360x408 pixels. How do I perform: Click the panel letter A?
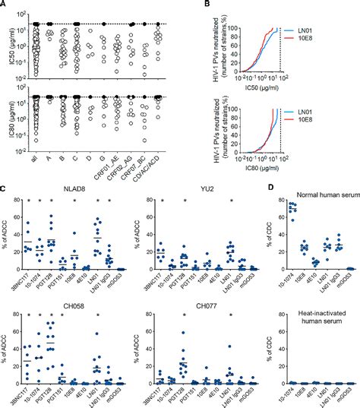5,5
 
